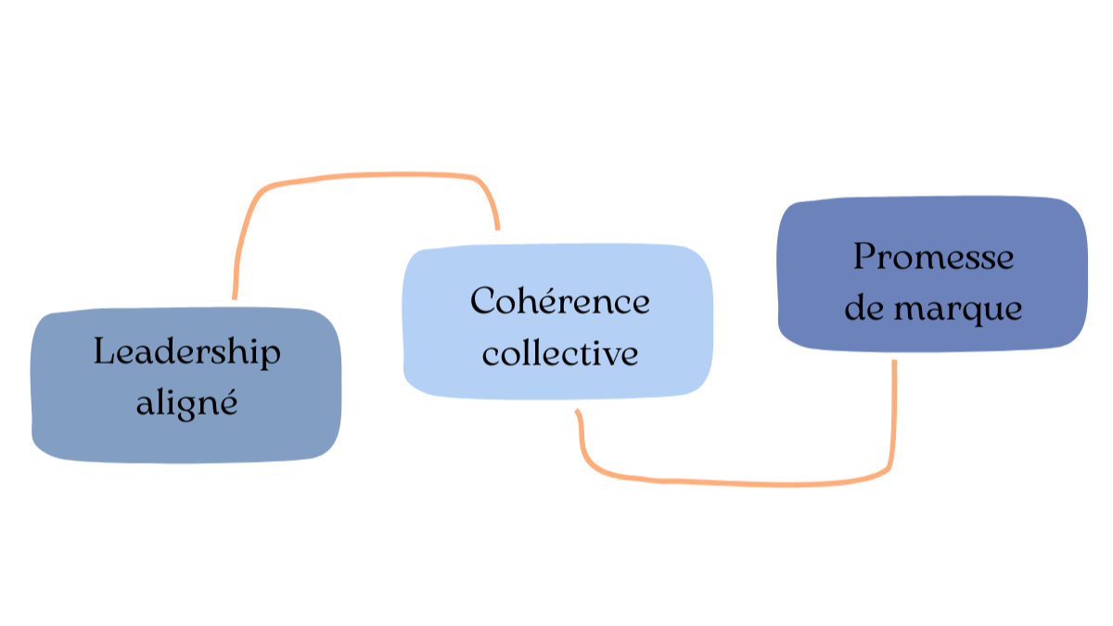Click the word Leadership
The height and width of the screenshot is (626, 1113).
point(186,351)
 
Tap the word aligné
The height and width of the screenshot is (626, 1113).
point(186,403)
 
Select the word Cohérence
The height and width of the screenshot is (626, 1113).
point(559,300)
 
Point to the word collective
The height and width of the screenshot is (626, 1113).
point(559,353)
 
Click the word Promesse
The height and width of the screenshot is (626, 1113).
point(933,256)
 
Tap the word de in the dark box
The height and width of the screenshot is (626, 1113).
point(864,308)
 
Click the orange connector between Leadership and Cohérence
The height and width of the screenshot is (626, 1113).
point(371,174)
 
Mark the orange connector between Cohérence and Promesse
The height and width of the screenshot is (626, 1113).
point(742,483)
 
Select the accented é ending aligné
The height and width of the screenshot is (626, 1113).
point(228,404)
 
